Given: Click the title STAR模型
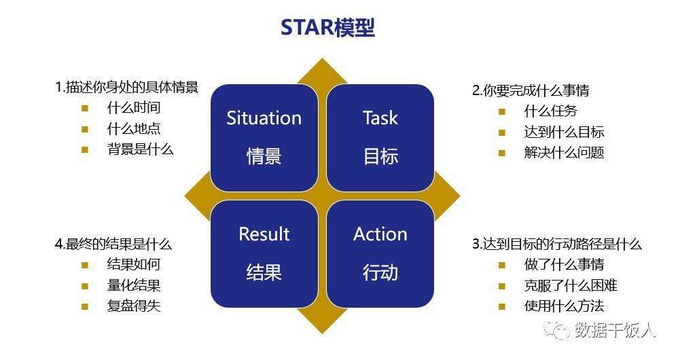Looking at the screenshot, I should tap(327, 28).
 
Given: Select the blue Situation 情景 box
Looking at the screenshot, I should tap(264, 137).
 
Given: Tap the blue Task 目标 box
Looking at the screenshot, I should tap(380, 137).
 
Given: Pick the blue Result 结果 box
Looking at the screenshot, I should tap(264, 253).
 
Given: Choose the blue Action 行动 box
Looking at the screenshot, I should tap(380, 253).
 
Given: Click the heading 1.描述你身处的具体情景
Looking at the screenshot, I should tap(126, 87).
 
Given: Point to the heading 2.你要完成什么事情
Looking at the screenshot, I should tap(530, 90).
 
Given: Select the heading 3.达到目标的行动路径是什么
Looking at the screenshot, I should tap(556, 244).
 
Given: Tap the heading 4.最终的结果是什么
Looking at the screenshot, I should tap(113, 244).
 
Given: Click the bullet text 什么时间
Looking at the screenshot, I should tap(134, 108).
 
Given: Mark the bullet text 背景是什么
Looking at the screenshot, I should tap(140, 149).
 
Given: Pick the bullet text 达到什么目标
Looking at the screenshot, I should tap(564, 132).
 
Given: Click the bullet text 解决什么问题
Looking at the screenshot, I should tap(564, 152).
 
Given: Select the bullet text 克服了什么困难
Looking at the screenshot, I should tap(571, 285).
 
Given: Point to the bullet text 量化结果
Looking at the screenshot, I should tap(134, 285).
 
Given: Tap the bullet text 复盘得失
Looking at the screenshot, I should tap(134, 306).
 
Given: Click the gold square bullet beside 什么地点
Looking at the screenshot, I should tap(85, 129).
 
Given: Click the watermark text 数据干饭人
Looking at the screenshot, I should tap(615, 330).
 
